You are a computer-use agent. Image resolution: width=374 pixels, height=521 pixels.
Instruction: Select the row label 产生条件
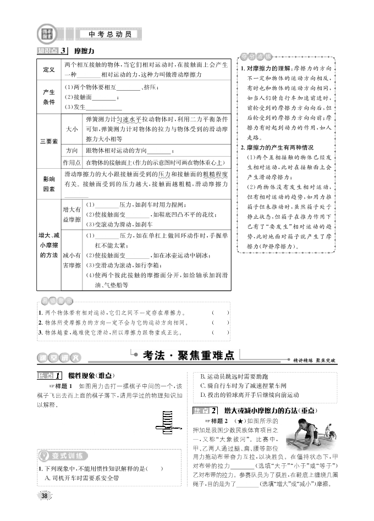coord(48,97)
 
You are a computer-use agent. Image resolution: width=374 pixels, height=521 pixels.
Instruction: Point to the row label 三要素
coord(48,142)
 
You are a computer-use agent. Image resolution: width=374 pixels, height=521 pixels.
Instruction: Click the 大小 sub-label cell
coord(71,129)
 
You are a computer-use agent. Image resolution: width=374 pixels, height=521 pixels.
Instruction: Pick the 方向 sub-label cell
coord(71,151)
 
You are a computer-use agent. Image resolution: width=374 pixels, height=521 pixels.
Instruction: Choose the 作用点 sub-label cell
coord(71,163)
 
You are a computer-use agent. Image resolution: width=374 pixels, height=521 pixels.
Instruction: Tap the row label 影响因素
coord(48,184)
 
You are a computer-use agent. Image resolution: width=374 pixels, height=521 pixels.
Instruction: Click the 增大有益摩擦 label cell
coord(71,214)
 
